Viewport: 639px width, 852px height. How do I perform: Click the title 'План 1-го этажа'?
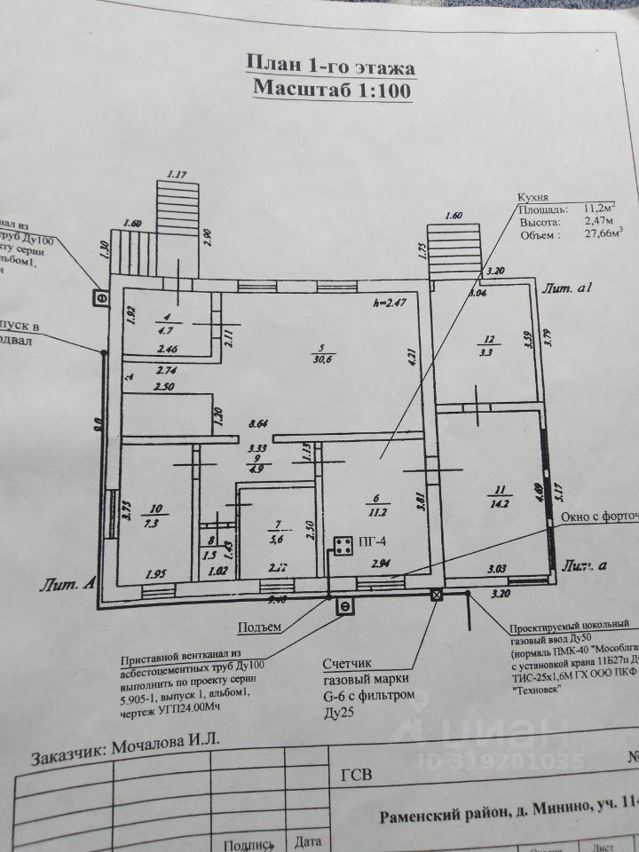[330, 66]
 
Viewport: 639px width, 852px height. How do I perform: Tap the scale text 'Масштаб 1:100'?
[330, 88]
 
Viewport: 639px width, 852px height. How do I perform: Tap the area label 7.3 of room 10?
[156, 522]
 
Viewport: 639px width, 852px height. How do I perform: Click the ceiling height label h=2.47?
[390, 304]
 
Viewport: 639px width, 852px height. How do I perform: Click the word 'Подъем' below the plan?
[259, 627]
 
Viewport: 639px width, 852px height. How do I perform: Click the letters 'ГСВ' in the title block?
[356, 774]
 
